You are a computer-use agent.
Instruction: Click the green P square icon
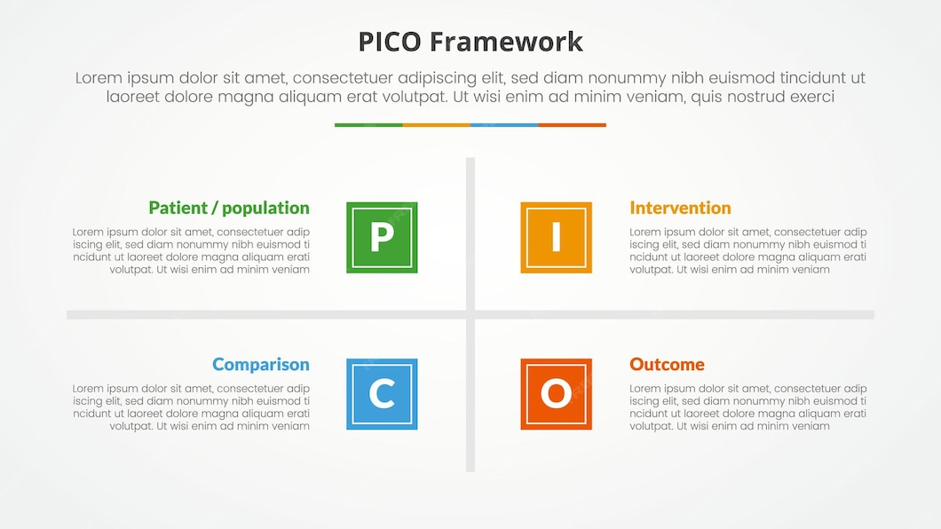tap(382, 237)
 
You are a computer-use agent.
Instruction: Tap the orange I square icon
tap(556, 237)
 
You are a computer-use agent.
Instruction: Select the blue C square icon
tap(382, 394)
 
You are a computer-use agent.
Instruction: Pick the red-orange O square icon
tap(556, 394)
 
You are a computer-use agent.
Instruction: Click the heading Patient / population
tap(229, 208)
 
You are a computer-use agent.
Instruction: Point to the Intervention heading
tap(680, 208)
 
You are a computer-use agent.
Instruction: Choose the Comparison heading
tap(261, 365)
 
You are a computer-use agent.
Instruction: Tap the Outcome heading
tap(667, 365)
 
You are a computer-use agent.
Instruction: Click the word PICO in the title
tap(391, 42)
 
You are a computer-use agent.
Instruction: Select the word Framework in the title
tap(506, 42)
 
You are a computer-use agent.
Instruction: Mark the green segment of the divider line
tap(368, 125)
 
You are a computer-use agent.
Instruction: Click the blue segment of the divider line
tap(504, 125)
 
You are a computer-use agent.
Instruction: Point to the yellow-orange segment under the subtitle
tap(436, 125)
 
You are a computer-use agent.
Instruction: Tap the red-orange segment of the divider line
tap(573, 125)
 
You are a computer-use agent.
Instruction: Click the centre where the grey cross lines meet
tap(470, 314)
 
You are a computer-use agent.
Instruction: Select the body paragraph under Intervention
tap(747, 251)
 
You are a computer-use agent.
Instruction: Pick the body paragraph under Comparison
tap(192, 407)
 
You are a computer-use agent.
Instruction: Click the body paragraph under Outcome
tap(747, 407)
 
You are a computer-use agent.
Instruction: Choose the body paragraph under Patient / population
tap(192, 251)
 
